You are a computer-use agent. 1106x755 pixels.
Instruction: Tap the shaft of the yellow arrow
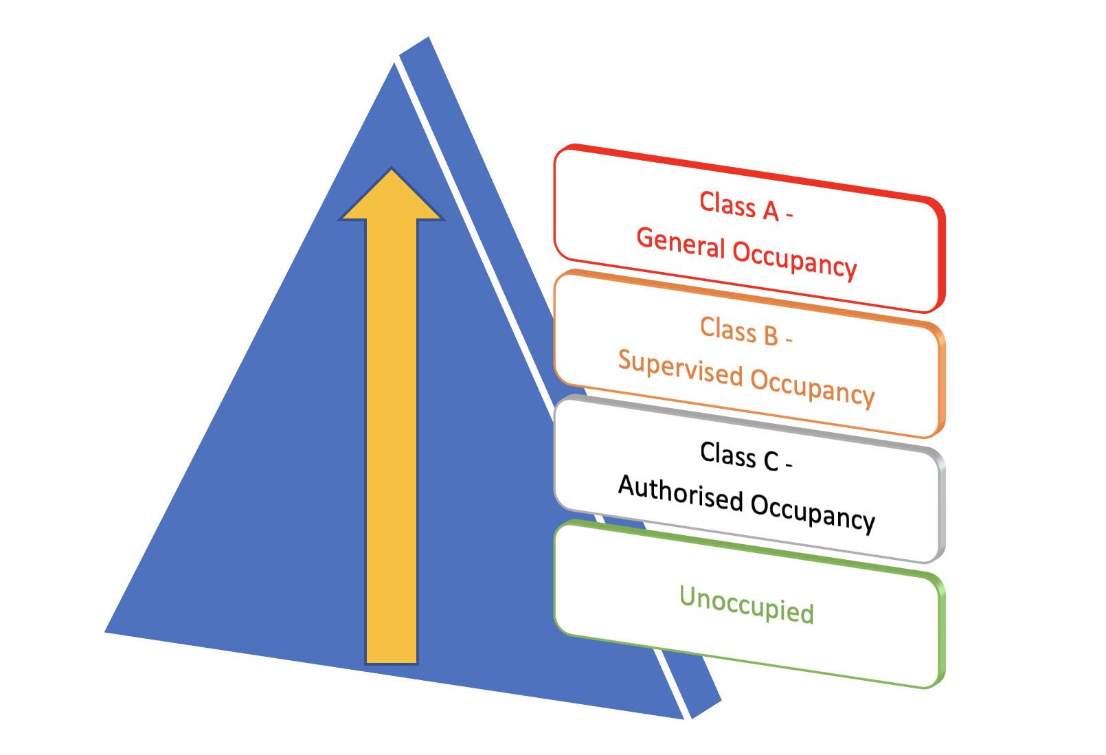(x=392, y=440)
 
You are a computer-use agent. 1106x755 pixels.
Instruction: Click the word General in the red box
(x=681, y=244)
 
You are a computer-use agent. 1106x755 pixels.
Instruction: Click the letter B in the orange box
(x=770, y=335)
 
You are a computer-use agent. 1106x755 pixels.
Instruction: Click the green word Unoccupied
(x=746, y=606)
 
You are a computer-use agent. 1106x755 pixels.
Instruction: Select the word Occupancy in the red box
(x=795, y=259)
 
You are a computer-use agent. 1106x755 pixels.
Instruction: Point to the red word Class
(x=727, y=204)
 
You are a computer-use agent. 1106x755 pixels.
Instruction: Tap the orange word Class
(x=727, y=329)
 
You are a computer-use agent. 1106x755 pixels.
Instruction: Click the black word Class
(x=727, y=454)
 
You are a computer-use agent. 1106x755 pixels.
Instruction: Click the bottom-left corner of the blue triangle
(x=109, y=630)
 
